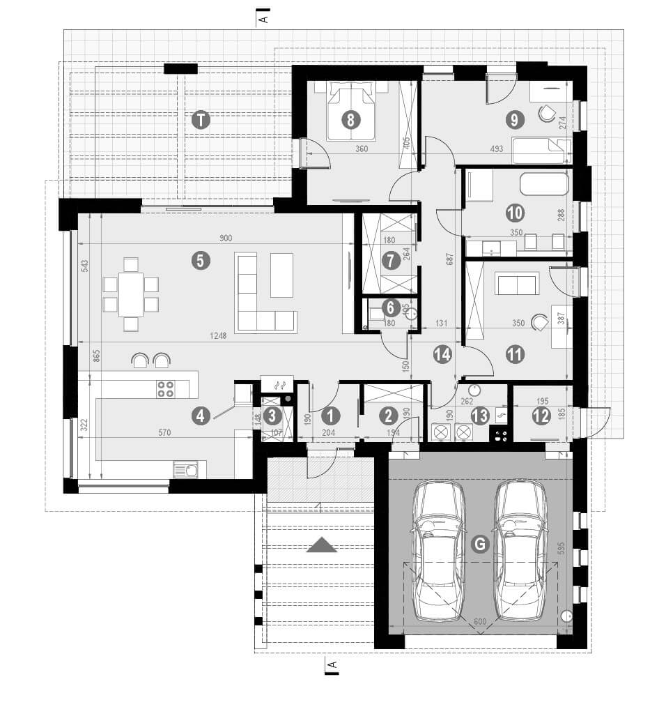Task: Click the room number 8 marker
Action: click(350, 120)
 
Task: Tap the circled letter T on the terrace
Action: click(201, 120)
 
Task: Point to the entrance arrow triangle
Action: click(321, 545)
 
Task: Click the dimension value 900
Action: click(226, 238)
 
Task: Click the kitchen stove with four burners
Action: click(165, 389)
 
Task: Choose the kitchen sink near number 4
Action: click(185, 470)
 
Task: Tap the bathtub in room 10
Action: click(543, 184)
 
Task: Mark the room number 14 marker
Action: click(442, 354)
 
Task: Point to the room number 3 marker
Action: click(273, 416)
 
